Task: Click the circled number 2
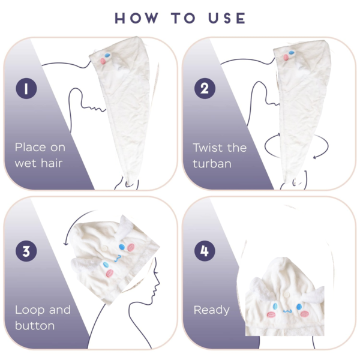(x=204, y=89)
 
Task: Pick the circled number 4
(x=204, y=251)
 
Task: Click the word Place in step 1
(x=31, y=147)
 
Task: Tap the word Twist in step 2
(x=207, y=147)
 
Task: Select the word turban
(x=212, y=163)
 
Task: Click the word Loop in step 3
(x=29, y=310)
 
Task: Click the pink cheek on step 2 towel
(x=287, y=57)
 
